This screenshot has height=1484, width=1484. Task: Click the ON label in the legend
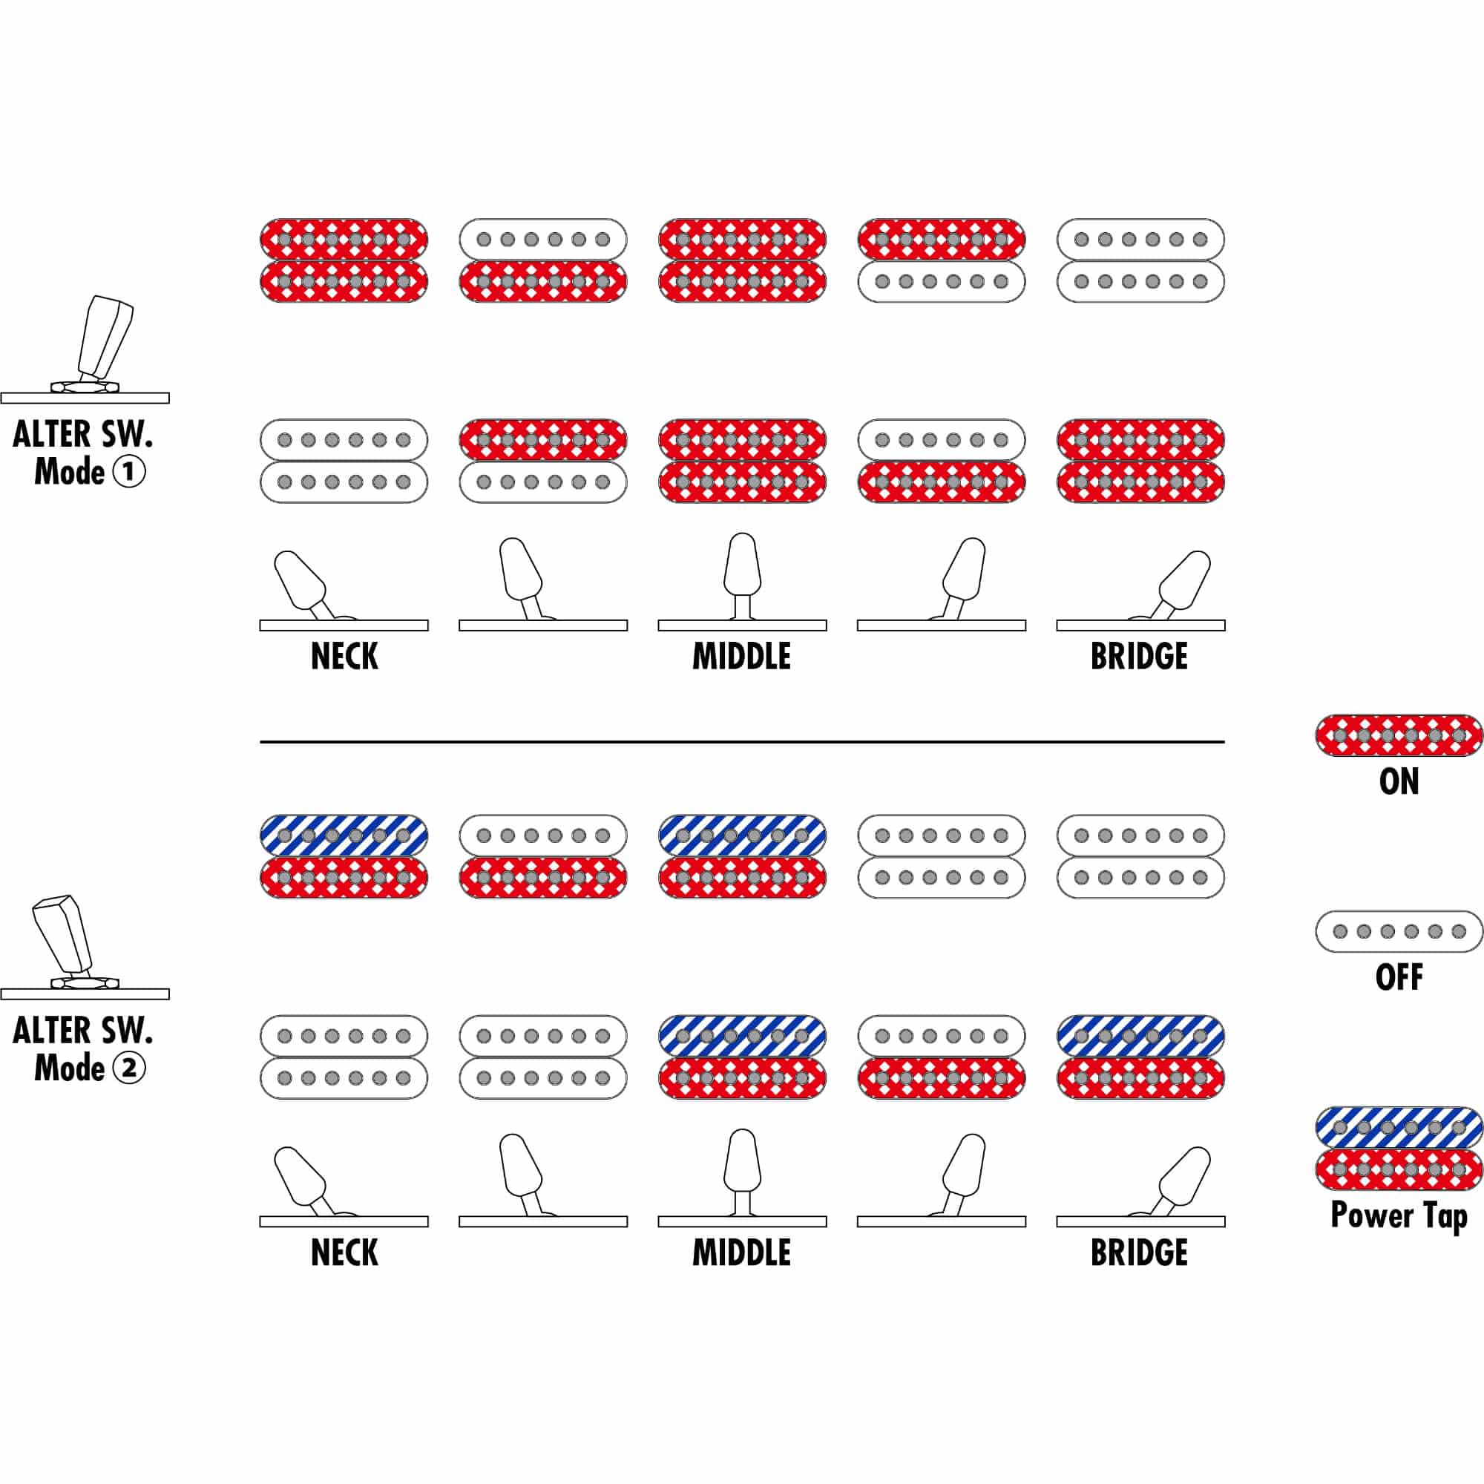(x=1399, y=781)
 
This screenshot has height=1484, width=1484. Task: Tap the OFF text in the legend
(x=1399, y=977)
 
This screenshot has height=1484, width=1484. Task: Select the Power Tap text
(x=1399, y=1216)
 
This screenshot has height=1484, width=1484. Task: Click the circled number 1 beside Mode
(x=129, y=471)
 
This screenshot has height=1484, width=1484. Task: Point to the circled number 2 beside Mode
(x=129, y=1067)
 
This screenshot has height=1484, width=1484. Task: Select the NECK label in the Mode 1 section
(x=344, y=656)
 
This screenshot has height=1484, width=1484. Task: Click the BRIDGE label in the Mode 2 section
(x=1139, y=1252)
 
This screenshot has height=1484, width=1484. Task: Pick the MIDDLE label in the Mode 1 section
(x=741, y=656)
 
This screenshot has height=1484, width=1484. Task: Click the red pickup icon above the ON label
(x=1399, y=735)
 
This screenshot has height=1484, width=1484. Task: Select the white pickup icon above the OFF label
(x=1399, y=931)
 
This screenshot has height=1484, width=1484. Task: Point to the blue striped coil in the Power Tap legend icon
(x=1399, y=1128)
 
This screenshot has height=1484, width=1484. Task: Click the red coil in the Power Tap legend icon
(x=1399, y=1169)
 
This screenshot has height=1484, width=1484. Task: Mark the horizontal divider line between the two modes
(x=742, y=742)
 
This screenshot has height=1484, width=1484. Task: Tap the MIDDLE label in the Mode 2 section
(x=741, y=1252)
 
